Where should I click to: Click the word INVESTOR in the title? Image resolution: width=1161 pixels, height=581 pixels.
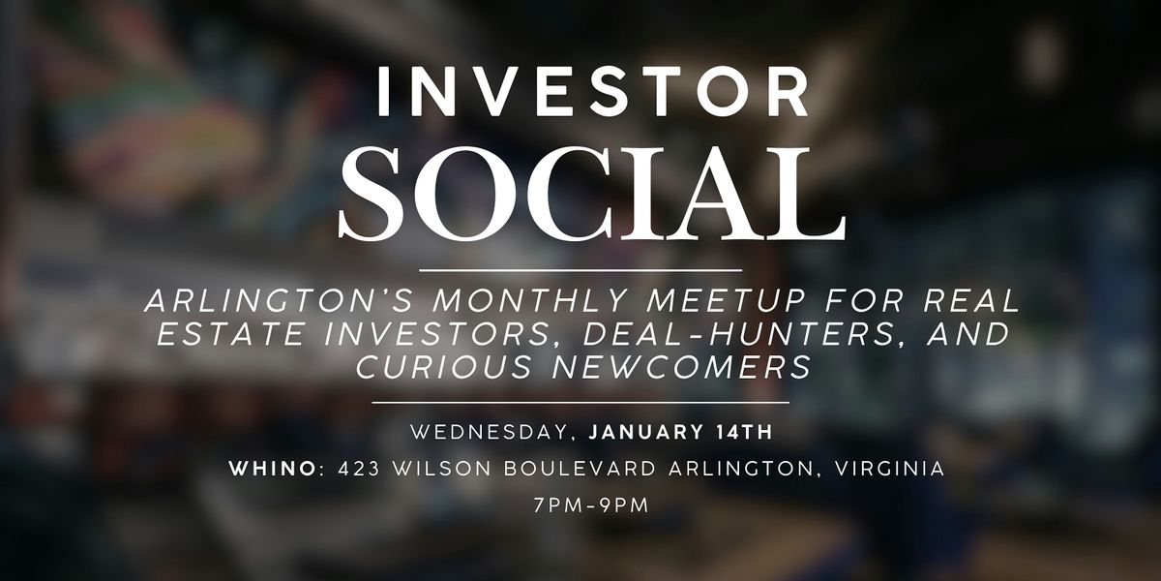click(x=580, y=93)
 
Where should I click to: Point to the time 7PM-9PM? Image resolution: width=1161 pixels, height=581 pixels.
click(x=580, y=505)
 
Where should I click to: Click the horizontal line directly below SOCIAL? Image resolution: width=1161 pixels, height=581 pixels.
click(x=580, y=270)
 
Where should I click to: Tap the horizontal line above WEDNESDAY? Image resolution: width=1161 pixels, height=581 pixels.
click(x=580, y=401)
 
